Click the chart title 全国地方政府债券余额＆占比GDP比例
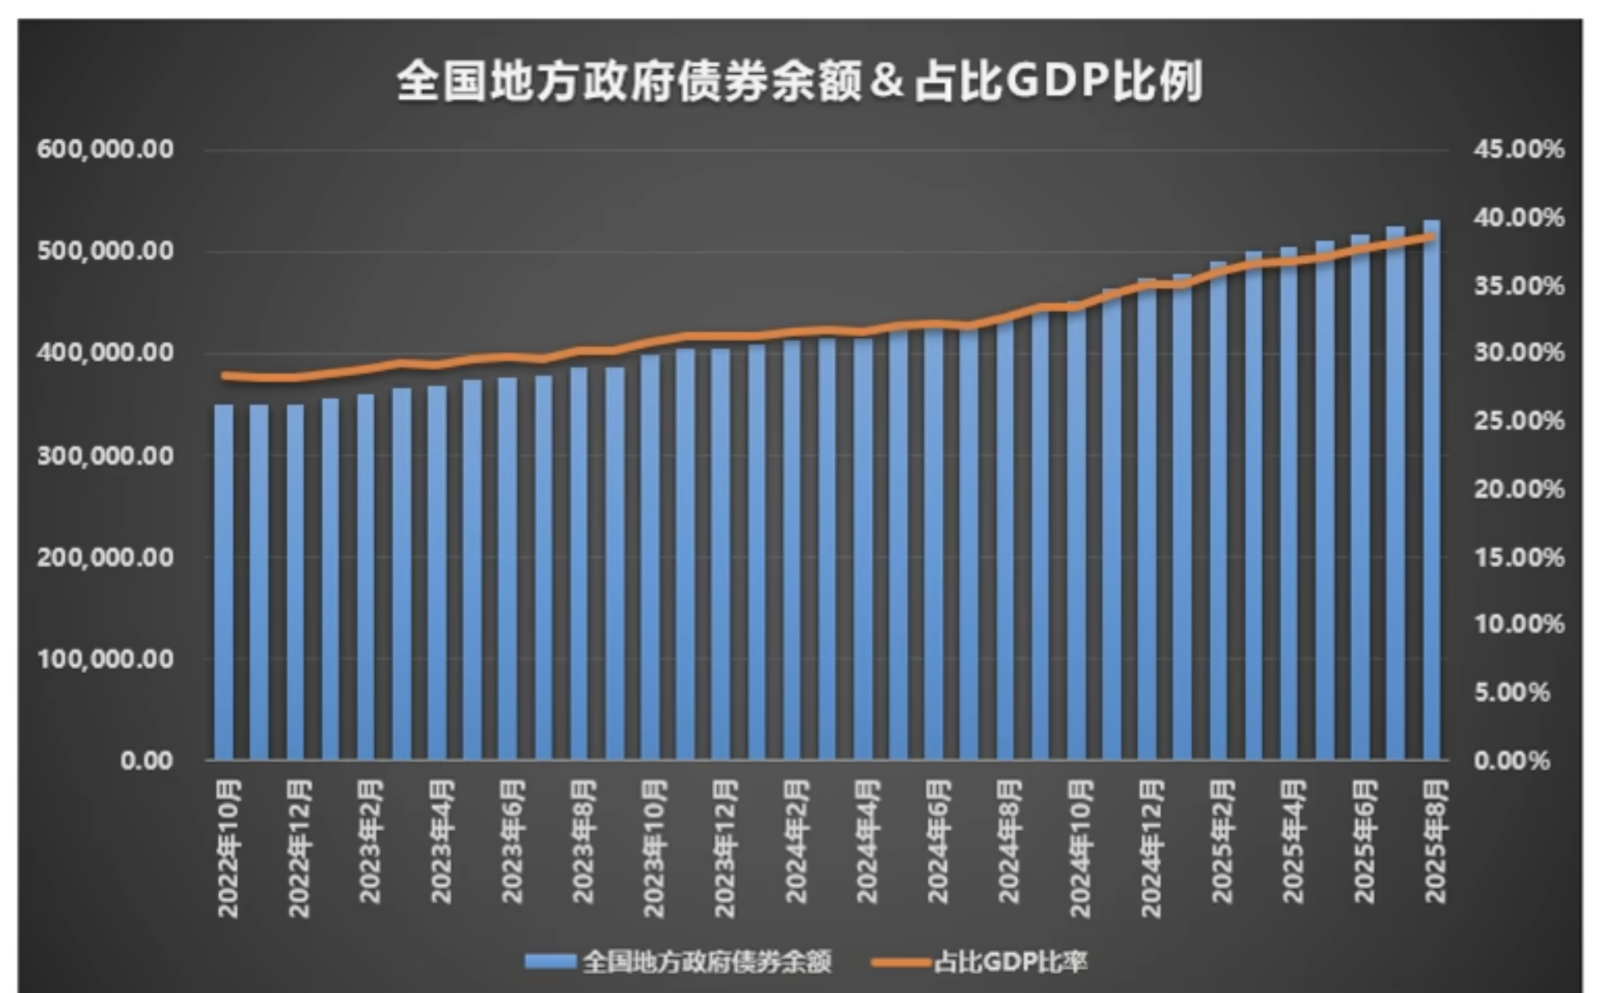(x=799, y=81)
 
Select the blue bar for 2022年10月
(x=224, y=581)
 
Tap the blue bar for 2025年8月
(x=1432, y=498)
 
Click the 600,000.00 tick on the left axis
(x=105, y=149)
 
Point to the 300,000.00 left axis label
(x=105, y=455)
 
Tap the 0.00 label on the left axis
(x=146, y=761)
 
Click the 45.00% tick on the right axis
(x=1519, y=149)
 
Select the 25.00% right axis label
(x=1519, y=421)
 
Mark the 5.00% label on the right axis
(x=1511, y=692)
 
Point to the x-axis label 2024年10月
(x=1079, y=848)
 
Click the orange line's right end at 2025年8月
(x=1431, y=237)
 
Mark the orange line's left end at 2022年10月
(x=224, y=375)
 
